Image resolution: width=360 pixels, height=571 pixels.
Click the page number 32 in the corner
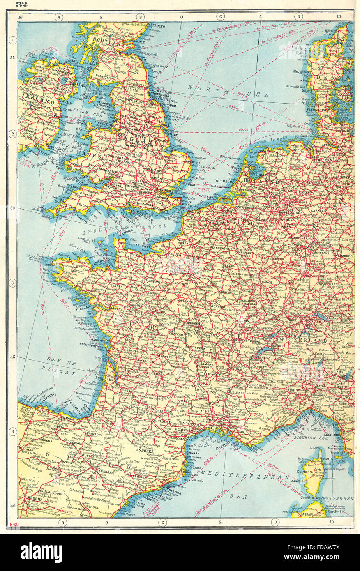click(21, 5)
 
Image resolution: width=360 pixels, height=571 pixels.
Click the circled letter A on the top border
click(59, 17)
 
